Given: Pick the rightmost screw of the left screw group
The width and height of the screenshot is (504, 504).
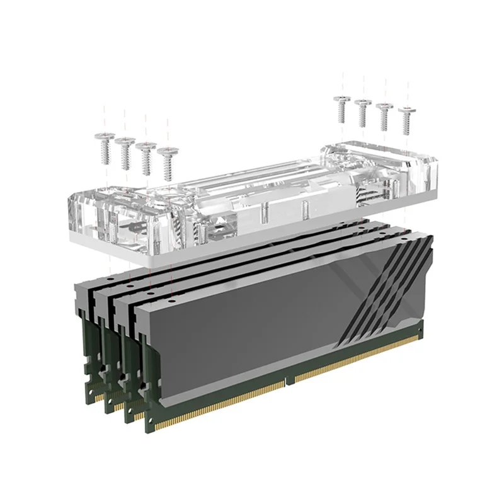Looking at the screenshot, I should pos(167,160).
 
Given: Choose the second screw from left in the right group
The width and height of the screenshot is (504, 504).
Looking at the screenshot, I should pos(362,112).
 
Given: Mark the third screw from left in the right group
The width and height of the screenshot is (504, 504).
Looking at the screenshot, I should pos(384,116).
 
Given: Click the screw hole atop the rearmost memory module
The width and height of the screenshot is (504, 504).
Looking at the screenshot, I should pos(108,277).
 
